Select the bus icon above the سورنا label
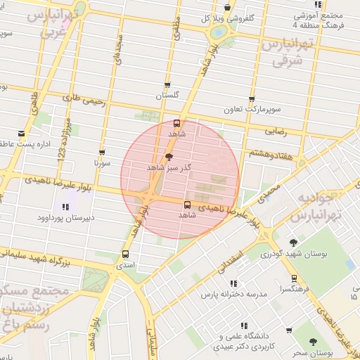103,152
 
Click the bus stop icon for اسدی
126,255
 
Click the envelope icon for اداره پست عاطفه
21,134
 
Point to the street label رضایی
275,131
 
